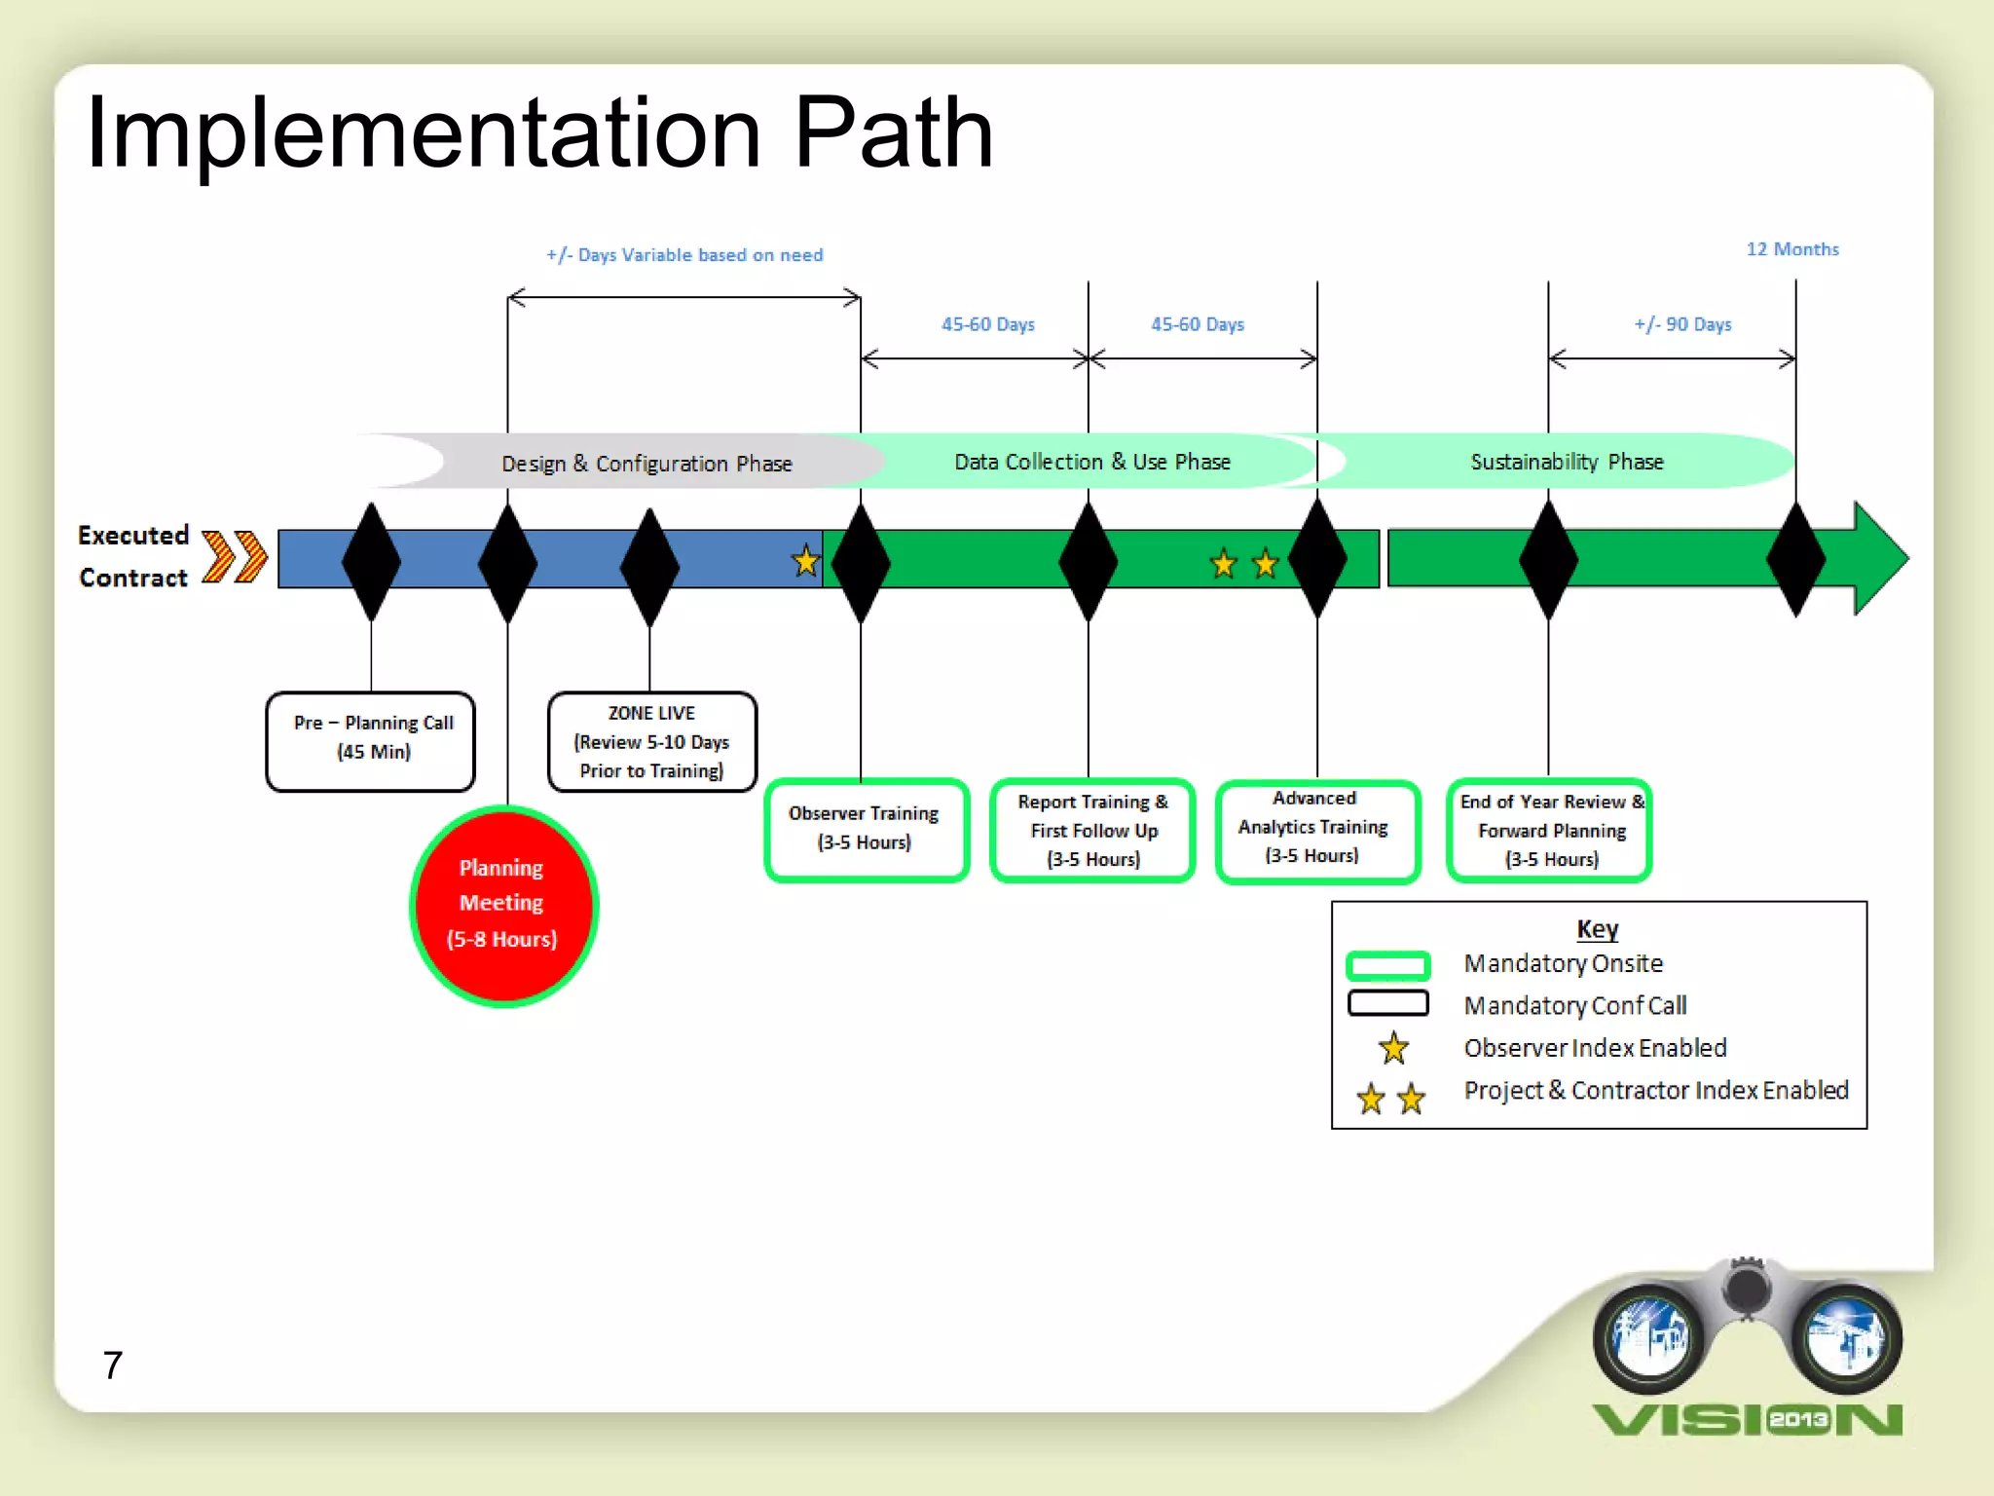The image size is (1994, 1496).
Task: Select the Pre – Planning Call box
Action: click(371, 741)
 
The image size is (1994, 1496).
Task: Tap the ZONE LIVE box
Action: click(651, 741)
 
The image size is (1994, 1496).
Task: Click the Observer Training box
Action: click(866, 830)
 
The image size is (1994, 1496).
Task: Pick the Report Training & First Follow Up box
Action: click(1092, 830)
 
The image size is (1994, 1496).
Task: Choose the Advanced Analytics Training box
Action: click(1316, 830)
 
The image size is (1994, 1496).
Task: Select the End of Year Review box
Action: click(1550, 830)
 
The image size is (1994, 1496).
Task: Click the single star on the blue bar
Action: click(805, 562)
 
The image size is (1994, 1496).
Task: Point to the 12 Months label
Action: click(1791, 249)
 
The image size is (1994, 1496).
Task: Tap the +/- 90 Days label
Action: click(1682, 324)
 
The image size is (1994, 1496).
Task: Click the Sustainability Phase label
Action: click(1566, 462)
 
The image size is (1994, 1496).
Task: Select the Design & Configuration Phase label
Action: click(646, 464)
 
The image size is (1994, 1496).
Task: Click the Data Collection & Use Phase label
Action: click(1091, 462)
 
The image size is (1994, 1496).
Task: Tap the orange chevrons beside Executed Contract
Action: click(235, 557)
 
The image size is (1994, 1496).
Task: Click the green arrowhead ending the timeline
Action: click(1879, 558)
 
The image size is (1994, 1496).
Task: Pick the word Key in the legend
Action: click(1597, 929)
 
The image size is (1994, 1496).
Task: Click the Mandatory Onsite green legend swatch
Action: click(1387, 965)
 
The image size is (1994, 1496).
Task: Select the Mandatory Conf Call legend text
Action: click(1574, 1005)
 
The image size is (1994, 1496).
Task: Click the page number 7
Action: click(113, 1365)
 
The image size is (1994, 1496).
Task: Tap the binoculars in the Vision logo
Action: click(1747, 1330)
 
